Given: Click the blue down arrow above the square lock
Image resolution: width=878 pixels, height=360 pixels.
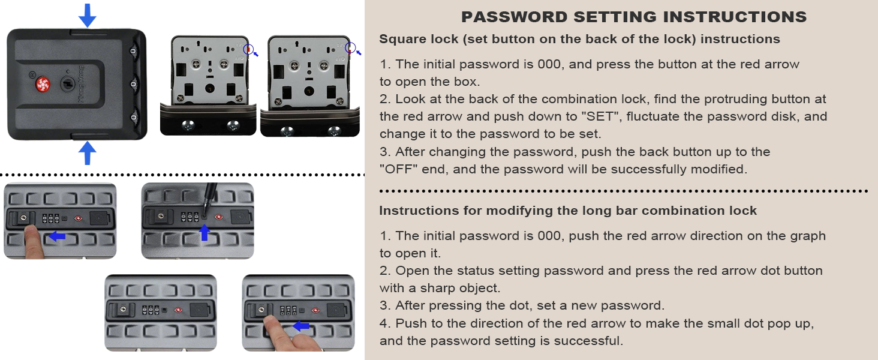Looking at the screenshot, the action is coord(88,16).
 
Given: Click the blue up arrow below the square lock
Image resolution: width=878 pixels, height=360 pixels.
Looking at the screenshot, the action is coord(88,153).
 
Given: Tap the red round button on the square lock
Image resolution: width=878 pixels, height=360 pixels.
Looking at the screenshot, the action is coord(43,85).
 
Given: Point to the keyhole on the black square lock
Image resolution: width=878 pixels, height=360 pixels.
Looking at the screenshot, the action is coord(68,84).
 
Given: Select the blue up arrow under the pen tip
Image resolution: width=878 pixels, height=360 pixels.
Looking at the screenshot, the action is coord(205,232).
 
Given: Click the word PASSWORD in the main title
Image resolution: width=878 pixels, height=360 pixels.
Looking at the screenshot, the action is coord(514,17).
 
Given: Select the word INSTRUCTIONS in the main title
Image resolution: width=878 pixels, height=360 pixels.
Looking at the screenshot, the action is coord(735,17).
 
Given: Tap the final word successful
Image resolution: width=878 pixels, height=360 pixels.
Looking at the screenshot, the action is coord(588,341).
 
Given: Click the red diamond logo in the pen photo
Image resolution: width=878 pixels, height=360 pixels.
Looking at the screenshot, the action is coord(219,217).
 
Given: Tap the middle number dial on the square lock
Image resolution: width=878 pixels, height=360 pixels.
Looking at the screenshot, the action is coord(133,85).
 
